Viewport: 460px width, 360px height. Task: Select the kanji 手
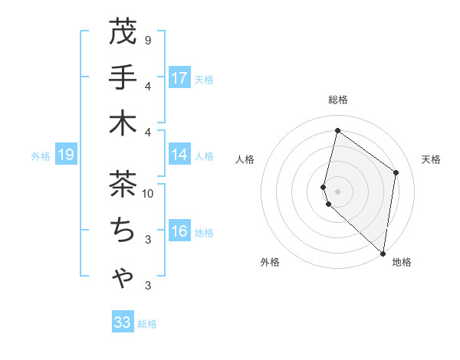(x=123, y=78)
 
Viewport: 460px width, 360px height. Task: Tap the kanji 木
(x=123, y=123)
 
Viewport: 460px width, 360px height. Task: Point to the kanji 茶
(x=123, y=184)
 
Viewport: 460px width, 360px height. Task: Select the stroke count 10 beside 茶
(x=149, y=193)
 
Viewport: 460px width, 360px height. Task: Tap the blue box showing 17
(x=179, y=78)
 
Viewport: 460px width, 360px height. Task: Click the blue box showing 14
(x=179, y=155)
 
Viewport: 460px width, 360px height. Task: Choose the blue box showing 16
(x=179, y=232)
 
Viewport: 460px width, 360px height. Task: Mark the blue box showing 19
(x=65, y=155)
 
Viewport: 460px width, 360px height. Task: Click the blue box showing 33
(x=123, y=322)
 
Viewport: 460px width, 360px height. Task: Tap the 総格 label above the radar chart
(x=338, y=100)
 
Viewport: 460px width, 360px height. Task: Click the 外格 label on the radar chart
(x=270, y=262)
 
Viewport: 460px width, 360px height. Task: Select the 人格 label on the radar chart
(x=245, y=159)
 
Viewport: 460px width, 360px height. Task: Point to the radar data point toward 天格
(x=396, y=172)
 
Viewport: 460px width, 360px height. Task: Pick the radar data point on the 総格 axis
(x=337, y=130)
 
